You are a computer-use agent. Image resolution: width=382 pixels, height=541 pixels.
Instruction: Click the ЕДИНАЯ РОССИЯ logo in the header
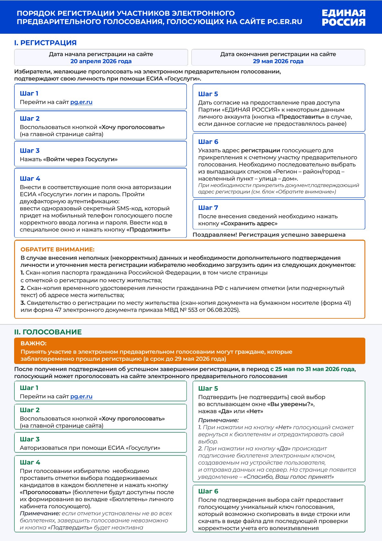(343, 17)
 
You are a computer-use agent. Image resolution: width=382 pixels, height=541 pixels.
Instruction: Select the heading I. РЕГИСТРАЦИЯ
(45, 43)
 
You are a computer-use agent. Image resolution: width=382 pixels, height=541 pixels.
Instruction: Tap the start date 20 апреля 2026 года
(101, 61)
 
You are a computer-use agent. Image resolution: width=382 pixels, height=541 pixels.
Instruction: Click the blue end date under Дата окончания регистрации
(278, 61)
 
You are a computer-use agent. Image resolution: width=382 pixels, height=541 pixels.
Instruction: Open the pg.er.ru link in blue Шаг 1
(81, 102)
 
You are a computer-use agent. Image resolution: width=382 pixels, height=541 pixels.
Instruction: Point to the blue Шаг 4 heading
(30, 179)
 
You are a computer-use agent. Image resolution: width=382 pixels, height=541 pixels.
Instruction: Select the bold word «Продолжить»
(148, 230)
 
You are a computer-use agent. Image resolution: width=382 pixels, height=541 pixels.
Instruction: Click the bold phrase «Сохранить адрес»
(249, 224)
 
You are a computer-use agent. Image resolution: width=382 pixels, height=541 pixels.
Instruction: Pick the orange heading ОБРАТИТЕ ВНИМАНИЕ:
(57, 249)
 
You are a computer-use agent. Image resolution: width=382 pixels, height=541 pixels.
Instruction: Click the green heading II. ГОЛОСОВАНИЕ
(48, 332)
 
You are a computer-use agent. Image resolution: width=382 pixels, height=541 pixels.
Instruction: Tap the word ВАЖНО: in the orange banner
(33, 343)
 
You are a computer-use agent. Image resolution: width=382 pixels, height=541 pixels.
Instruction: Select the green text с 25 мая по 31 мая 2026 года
(312, 369)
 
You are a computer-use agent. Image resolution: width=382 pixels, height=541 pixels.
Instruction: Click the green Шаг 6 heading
(208, 491)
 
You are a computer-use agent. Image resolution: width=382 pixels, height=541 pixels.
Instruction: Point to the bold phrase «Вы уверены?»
(291, 404)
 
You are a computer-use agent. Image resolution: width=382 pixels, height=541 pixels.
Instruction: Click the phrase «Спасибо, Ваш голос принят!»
(289, 477)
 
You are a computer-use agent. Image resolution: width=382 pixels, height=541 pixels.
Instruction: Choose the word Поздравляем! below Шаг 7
(214, 235)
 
